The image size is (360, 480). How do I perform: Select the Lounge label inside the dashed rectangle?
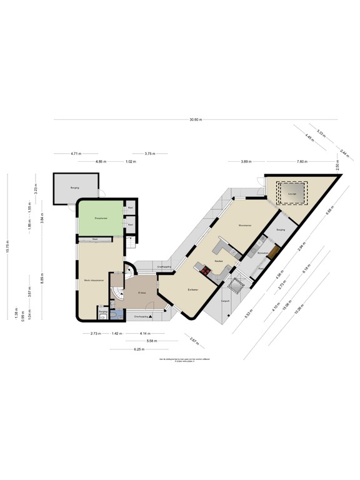click(291, 194)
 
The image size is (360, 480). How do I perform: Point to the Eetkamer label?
click(193, 289)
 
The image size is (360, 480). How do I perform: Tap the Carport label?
click(226, 301)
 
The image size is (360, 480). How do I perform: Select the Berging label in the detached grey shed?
click(74, 187)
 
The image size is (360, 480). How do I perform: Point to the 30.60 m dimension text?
click(196, 119)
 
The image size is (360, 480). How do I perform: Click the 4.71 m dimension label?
click(76, 153)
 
